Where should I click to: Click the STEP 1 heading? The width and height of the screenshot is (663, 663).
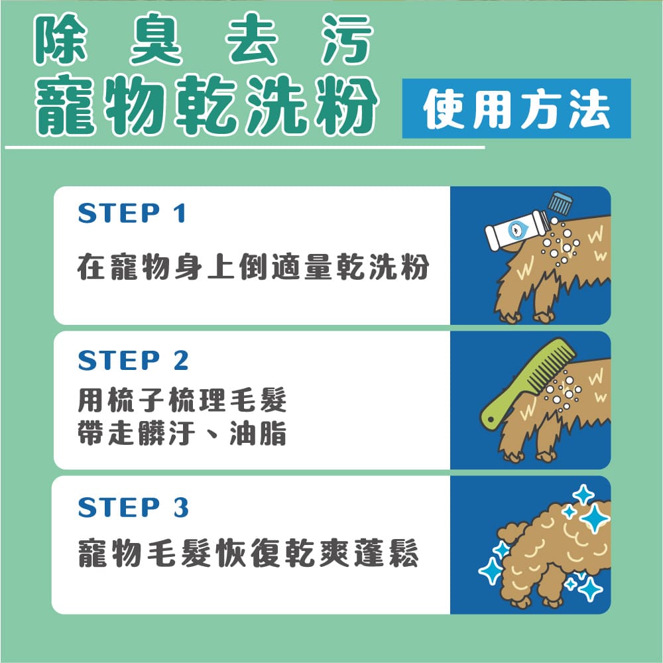pos(132,213)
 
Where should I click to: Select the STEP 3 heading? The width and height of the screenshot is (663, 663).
pos(133,507)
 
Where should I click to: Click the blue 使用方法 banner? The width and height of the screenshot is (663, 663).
pos(516,109)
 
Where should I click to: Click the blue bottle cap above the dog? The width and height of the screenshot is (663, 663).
pos(560,204)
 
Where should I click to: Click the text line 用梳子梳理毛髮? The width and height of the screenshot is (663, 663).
pos(182,401)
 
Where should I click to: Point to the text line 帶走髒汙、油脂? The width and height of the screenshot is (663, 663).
pos(182,434)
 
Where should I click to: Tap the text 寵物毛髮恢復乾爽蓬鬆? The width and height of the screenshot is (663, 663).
pos(248,555)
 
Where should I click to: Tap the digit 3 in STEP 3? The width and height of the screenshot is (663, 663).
pos(181,507)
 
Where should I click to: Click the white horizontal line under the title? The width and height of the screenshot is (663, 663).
pos(245,147)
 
